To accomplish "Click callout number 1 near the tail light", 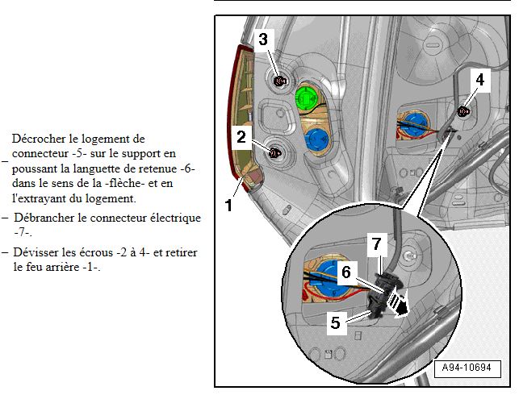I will [x=228, y=206].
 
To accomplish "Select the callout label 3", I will [x=263, y=38].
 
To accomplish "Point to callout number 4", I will [x=480, y=80].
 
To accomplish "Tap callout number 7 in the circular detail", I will [x=375, y=243].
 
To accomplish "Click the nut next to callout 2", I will [x=274, y=152].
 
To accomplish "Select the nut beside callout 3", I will [x=280, y=80].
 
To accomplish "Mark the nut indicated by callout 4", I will [x=464, y=110].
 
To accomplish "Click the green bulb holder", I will [x=308, y=98].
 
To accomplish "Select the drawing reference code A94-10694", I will [x=467, y=368].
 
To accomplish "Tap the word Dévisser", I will [x=36, y=253].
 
